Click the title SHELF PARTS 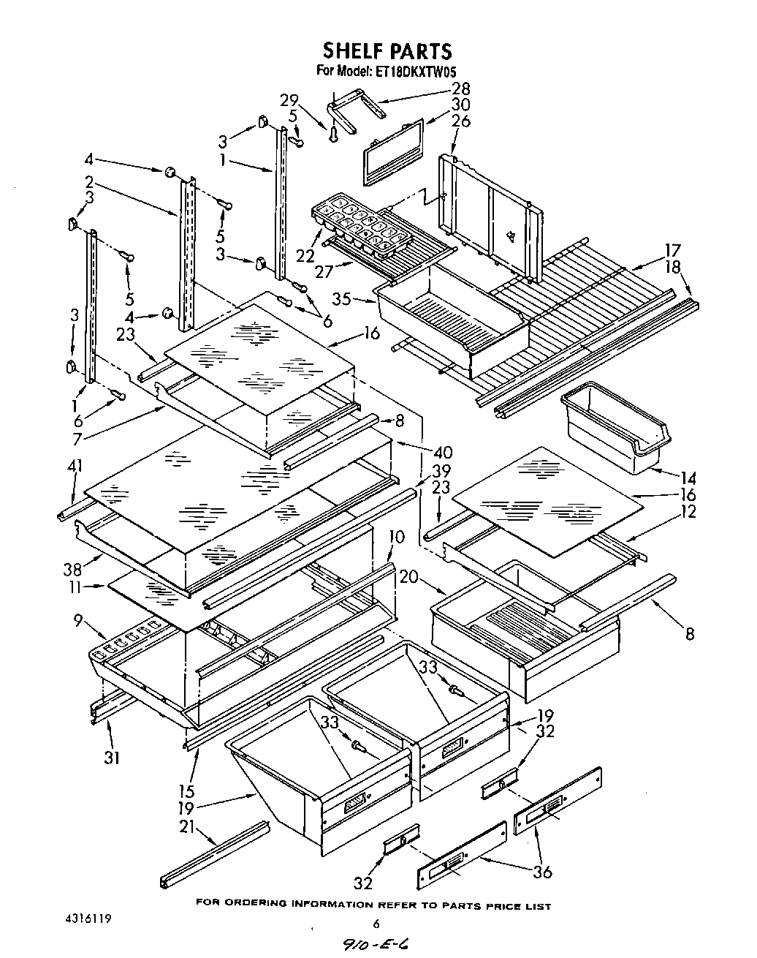point(387,50)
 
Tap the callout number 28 point(460,89)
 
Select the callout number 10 point(395,537)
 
